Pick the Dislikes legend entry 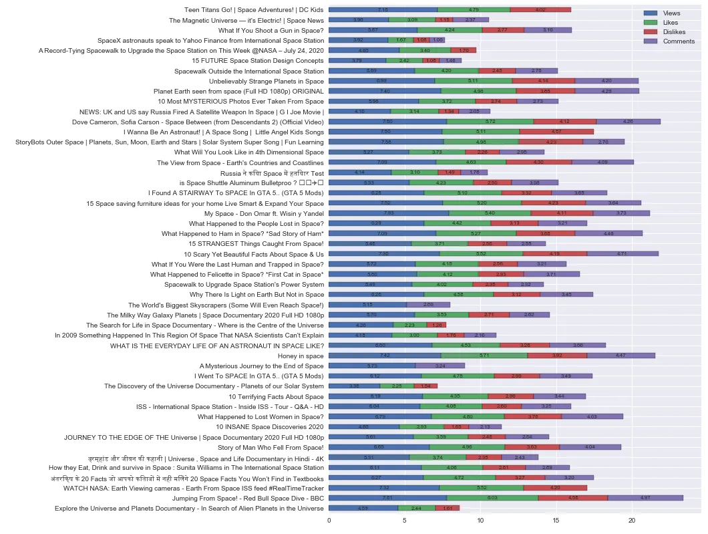pos(671,32)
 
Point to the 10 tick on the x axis pos(480,519)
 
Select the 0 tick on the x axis pos(329,519)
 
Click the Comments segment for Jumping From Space pos(645,498)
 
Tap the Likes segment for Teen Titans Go pos(474,10)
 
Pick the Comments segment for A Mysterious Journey pos(440,366)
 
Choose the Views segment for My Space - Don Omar pos(389,213)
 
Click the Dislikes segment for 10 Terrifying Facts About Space pos(510,396)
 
